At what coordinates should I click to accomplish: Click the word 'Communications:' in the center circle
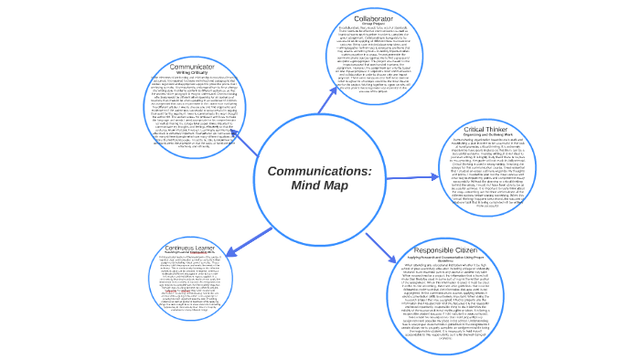[x=319, y=172]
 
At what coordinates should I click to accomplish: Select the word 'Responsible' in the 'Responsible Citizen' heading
[x=436, y=250]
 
